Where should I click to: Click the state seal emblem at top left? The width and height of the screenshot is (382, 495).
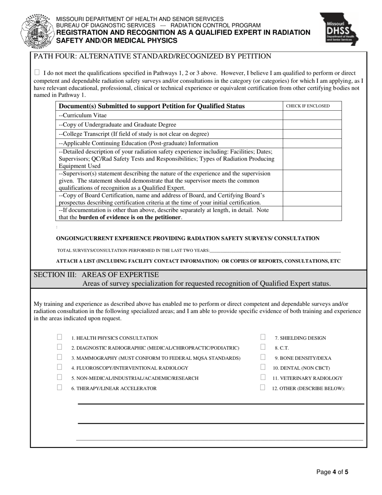(37, 30)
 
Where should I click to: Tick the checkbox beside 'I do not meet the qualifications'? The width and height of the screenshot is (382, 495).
(37, 72)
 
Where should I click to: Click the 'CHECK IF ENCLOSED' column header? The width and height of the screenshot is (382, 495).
(308, 106)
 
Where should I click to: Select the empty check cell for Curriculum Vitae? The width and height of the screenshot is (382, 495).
(312, 115)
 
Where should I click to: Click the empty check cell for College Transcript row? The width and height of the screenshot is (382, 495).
(312, 134)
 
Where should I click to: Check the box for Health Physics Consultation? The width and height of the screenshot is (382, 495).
(60, 337)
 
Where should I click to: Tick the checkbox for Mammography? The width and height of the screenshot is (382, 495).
(60, 357)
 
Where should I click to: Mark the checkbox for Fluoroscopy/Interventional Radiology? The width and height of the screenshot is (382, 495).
(60, 367)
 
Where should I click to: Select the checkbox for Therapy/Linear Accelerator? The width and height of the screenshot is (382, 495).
(60, 388)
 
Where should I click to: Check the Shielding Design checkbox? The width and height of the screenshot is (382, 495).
(263, 337)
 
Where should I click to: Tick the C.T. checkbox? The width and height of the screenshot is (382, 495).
(263, 347)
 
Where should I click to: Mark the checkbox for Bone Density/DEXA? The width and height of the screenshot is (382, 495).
(263, 357)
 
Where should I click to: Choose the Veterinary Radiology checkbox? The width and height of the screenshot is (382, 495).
(263, 377)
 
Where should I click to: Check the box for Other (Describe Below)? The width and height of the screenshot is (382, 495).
(263, 388)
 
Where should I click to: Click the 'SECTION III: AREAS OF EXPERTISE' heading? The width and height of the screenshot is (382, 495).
(97, 275)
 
